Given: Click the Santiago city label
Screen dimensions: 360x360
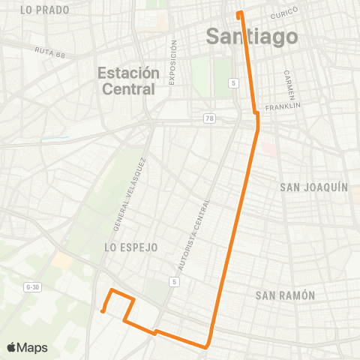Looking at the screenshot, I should pos(251,37).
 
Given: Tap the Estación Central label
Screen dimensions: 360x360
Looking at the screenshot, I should pos(130,81).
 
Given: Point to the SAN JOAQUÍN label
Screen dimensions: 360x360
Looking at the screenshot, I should pos(313,187).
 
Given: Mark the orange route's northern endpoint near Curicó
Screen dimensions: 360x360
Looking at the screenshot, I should pos(239,13).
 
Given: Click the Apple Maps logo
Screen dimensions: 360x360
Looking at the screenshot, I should pos(27,347).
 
